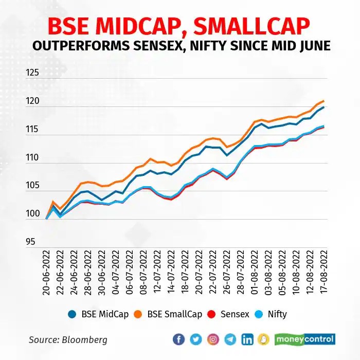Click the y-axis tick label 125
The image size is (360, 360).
coord(32,73)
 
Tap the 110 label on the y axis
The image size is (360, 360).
coord(32,157)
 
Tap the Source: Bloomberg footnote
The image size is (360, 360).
coord(68,340)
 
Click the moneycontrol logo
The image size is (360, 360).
coord(305,339)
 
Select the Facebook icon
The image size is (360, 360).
coord(179,339)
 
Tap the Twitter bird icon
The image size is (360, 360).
coord(196,339)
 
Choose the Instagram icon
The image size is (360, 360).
coord(213,339)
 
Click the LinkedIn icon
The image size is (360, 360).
coord(247,339)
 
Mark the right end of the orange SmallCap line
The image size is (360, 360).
coord(323,101)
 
